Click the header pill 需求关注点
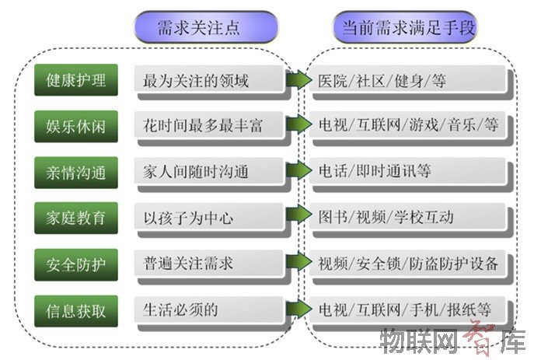(x=205, y=27)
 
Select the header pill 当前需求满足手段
(x=404, y=27)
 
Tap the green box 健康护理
(x=76, y=80)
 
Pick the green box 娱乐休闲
(x=76, y=126)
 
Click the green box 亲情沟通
(x=76, y=172)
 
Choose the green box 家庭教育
(x=76, y=218)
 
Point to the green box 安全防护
(x=76, y=264)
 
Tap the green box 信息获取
(x=76, y=311)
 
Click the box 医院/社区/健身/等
(x=410, y=80)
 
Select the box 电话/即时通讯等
(x=410, y=172)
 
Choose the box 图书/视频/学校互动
(x=410, y=218)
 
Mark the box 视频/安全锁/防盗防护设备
(x=410, y=264)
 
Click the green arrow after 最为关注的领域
(x=297, y=79)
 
